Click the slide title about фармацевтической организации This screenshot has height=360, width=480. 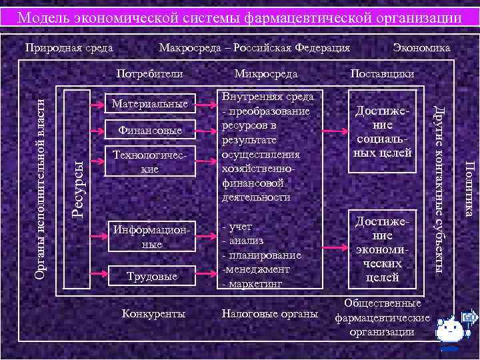239,17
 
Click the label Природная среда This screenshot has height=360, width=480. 69,48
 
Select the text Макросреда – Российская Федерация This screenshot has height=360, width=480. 254,48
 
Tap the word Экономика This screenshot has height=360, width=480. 422,48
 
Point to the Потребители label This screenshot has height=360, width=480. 149,73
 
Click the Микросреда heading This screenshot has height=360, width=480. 266,73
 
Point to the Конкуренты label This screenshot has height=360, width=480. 155,313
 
